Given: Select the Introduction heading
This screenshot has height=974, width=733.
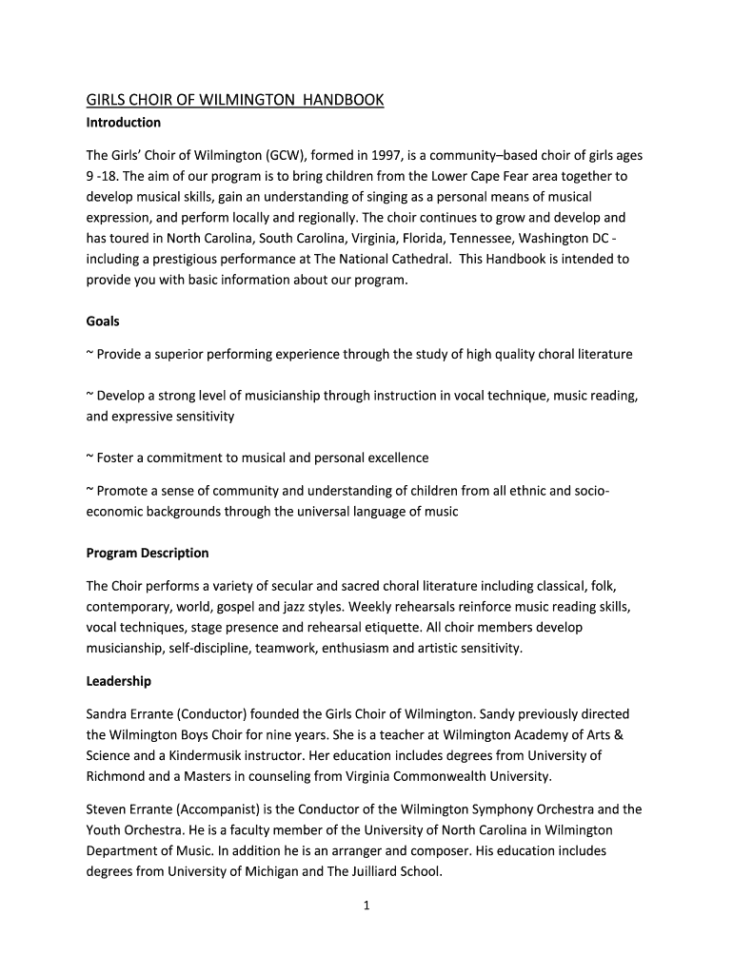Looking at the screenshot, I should (x=124, y=123).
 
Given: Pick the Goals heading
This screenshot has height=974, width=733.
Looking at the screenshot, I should (x=103, y=321).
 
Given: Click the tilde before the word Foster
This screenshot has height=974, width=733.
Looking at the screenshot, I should (x=89, y=458).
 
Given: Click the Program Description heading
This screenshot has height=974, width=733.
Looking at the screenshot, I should (x=148, y=553).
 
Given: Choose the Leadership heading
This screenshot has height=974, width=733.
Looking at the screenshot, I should (x=119, y=681).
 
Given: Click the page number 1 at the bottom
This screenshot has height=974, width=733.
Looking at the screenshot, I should (x=366, y=906).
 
